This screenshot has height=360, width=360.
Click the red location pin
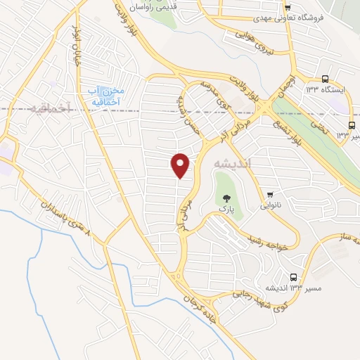[181, 165]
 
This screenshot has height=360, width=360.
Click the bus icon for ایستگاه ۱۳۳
[325, 79]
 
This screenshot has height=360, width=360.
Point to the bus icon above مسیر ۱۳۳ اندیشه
[294, 277]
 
